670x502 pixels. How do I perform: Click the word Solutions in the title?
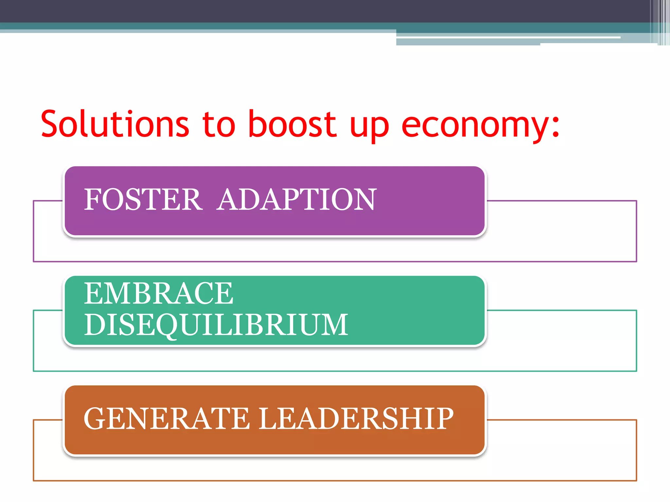pyautogui.click(x=115, y=124)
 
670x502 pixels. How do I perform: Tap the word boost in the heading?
pyautogui.click(x=292, y=124)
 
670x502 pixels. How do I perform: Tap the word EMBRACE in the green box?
pyautogui.click(x=159, y=293)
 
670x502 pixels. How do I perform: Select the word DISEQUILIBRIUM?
pyautogui.click(x=216, y=325)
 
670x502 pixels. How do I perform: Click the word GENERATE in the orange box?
pyautogui.click(x=167, y=419)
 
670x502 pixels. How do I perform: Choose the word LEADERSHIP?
pyautogui.click(x=356, y=419)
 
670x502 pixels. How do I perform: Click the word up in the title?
pyautogui.click(x=369, y=126)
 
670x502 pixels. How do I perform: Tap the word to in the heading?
pyautogui.click(x=219, y=124)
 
